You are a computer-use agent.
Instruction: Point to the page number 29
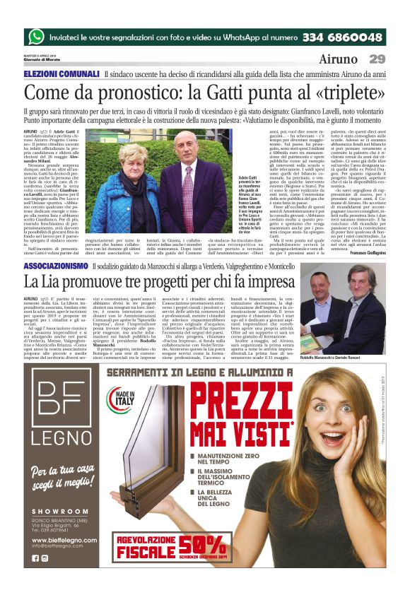[377, 59]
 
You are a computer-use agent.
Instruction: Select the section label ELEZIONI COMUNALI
[61, 75]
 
